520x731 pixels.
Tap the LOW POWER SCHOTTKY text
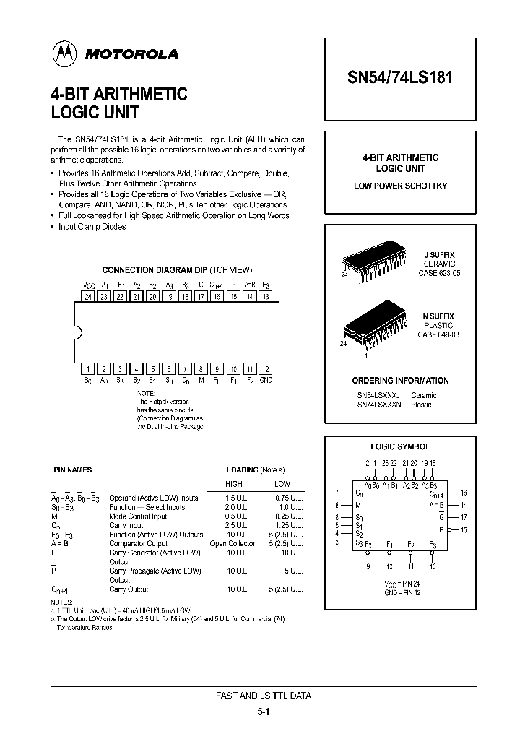400,186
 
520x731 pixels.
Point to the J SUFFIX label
438,255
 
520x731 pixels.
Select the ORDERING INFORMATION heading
400,381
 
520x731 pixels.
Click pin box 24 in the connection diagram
88,296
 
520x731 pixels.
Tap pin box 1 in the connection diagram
88,368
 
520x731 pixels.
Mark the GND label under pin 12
266,380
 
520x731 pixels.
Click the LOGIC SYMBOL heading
400,447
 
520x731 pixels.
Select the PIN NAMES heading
73,470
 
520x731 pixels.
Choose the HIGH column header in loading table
234,484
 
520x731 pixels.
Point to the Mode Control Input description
138,516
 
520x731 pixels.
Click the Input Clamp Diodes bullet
92,227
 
